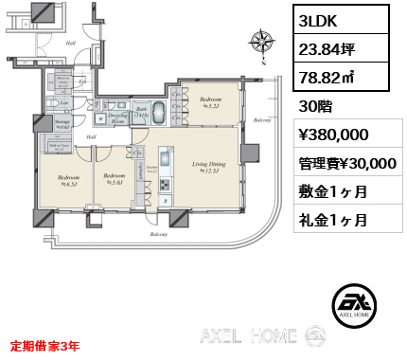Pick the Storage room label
coord(62,125)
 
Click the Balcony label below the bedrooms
coord(156,232)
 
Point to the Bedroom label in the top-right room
coord(210,99)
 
